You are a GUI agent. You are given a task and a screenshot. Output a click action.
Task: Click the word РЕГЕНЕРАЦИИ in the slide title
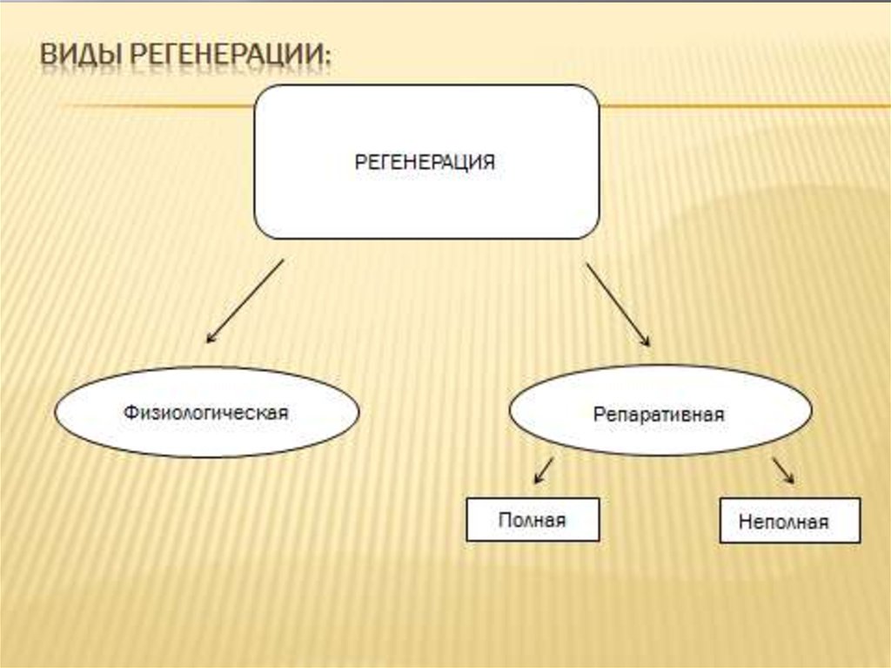click(228, 57)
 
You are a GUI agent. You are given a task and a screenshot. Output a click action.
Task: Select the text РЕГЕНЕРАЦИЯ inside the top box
click(425, 162)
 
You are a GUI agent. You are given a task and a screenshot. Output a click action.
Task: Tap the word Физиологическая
click(205, 412)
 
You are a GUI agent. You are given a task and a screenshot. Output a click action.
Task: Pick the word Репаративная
click(660, 415)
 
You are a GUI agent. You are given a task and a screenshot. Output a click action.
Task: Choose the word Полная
click(533, 520)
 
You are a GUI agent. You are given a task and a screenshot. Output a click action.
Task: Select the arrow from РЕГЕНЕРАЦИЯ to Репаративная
click(619, 305)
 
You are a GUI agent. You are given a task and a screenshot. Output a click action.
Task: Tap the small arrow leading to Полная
click(543, 470)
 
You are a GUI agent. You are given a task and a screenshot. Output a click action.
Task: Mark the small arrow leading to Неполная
click(782, 470)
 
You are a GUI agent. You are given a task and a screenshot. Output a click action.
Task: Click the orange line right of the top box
click(740, 106)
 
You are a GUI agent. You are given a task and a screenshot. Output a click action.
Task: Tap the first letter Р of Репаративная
click(600, 415)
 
